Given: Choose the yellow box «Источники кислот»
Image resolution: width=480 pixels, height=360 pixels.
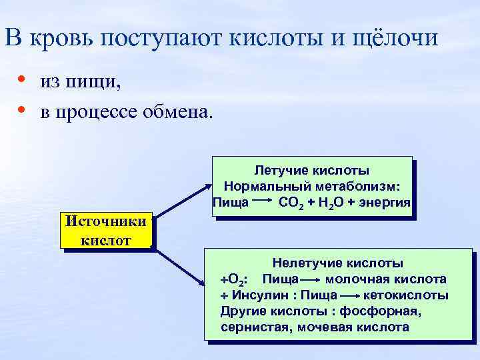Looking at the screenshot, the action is click(x=106, y=231).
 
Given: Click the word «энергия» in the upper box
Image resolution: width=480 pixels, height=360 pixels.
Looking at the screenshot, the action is click(x=385, y=201).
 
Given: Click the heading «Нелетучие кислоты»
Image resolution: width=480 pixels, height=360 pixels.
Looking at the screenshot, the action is click(x=338, y=264).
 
